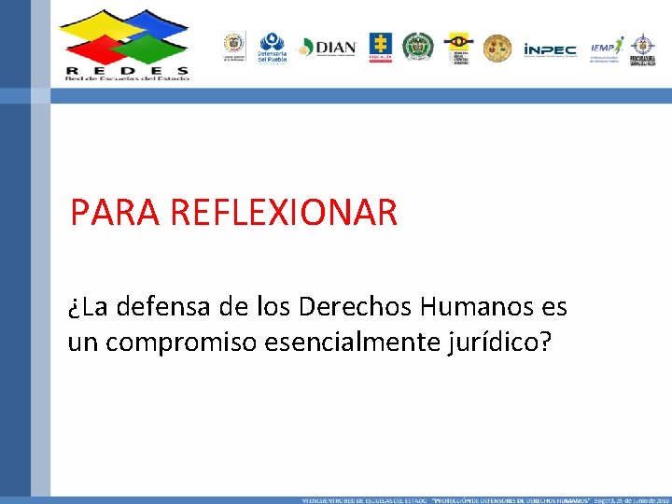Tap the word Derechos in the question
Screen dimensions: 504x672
click(359, 307)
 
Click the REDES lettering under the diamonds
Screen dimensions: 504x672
click(127, 70)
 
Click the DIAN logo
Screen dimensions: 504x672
click(328, 48)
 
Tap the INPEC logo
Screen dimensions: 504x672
click(550, 49)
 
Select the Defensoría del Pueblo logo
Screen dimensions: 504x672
click(272, 48)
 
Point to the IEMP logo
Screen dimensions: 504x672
click(608, 48)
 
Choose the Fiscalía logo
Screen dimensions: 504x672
click(380, 47)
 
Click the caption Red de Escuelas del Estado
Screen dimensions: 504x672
click(127, 79)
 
